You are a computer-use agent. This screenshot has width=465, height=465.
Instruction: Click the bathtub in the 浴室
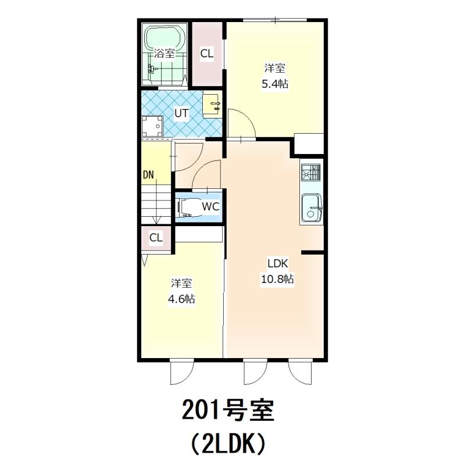(165, 38)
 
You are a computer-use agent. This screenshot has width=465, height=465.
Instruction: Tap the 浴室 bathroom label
(164, 53)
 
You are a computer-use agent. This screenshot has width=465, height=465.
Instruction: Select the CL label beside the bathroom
(207, 53)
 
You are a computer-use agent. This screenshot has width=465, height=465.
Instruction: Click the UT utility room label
(181, 113)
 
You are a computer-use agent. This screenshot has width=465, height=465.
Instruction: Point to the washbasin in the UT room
(212, 106)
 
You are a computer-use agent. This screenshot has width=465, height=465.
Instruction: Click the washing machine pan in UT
(152, 126)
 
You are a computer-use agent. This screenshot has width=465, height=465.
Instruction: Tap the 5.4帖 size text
(275, 84)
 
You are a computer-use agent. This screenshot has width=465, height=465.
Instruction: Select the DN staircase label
(149, 175)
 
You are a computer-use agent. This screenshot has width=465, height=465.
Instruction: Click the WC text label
(210, 206)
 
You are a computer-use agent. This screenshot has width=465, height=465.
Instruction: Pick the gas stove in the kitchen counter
(311, 172)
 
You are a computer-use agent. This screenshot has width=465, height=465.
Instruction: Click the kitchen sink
(312, 208)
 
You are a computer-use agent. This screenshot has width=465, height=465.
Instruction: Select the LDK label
(278, 263)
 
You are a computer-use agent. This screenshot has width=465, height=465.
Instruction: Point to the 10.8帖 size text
(277, 279)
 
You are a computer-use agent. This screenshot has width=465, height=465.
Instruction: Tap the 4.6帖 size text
(181, 299)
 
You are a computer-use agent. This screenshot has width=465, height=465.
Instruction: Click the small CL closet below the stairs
(156, 238)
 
